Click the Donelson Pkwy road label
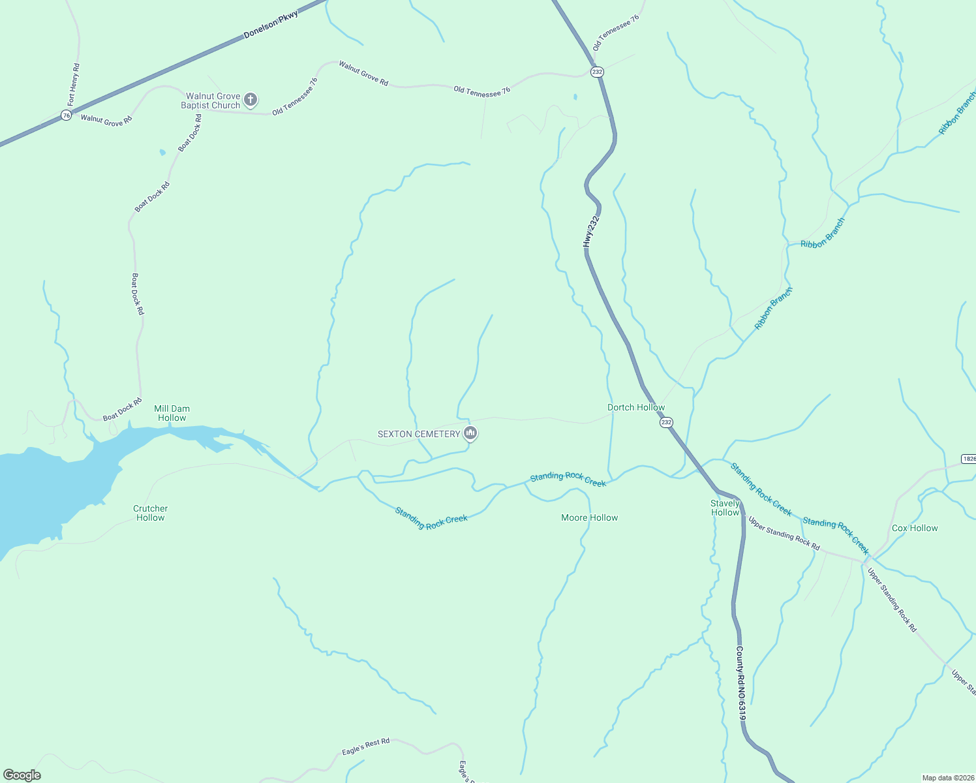pyautogui.click(x=271, y=25)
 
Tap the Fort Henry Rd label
pyautogui.click(x=74, y=84)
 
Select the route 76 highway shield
pyautogui.click(x=66, y=115)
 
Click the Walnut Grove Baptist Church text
pyautogui.click(x=211, y=100)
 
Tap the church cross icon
pyautogui.click(x=251, y=100)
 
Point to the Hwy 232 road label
pyautogui.click(x=590, y=232)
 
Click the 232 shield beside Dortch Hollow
pyautogui.click(x=665, y=422)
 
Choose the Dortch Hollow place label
pyautogui.click(x=636, y=407)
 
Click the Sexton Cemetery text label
pyautogui.click(x=419, y=434)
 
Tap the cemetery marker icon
pyautogui.click(x=470, y=433)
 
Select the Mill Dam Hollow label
pyautogui.click(x=172, y=413)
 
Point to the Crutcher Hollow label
pyautogui.click(x=151, y=513)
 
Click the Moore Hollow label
pyautogui.click(x=589, y=517)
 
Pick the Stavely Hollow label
pyautogui.click(x=725, y=508)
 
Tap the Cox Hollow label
pyautogui.click(x=915, y=528)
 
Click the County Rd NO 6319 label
pyautogui.click(x=740, y=683)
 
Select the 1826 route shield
pyautogui.click(x=969, y=459)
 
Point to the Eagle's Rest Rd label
pyautogui.click(x=365, y=746)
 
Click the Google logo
pyautogui.click(x=22, y=775)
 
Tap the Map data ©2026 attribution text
pyautogui.click(x=948, y=778)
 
